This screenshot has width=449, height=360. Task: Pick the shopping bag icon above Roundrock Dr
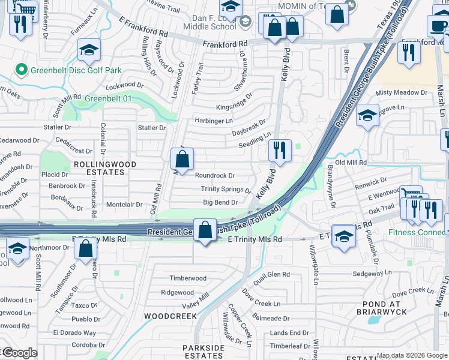pyautogui.click(x=182, y=160)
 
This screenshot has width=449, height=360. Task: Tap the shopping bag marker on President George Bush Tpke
pyautogui.click(x=205, y=230)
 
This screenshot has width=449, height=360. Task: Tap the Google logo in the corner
pyautogui.click(x=19, y=353)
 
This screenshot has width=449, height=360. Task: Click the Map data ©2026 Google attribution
pyautogui.click(x=412, y=355)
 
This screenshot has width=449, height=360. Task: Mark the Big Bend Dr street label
pyautogui.click(x=220, y=203)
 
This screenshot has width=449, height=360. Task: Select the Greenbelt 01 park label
pyautogui.click(x=108, y=98)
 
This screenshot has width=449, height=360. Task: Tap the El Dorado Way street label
pyautogui.click(x=74, y=332)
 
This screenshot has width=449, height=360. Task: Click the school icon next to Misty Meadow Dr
pyautogui.click(x=367, y=116)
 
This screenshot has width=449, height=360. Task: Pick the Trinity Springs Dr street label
pyautogui.click(x=226, y=189)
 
